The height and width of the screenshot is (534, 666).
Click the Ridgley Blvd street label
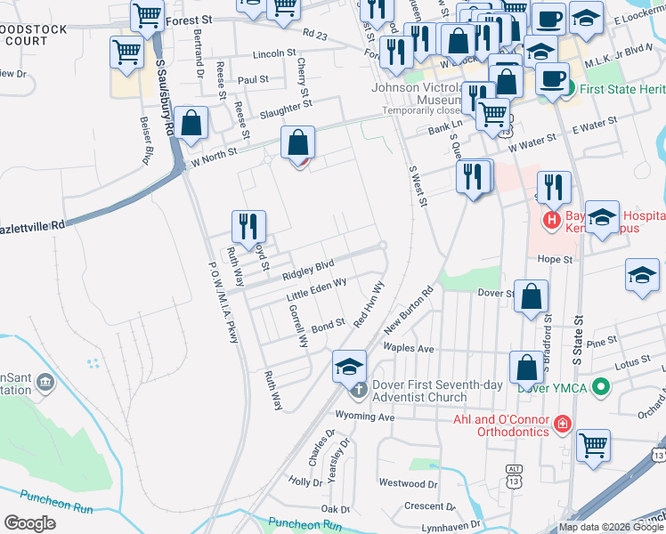click(x=308, y=266)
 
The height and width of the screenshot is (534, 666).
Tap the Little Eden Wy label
click(x=316, y=288)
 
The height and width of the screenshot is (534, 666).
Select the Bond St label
click(x=328, y=328)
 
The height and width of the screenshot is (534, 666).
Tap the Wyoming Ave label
click(x=364, y=416)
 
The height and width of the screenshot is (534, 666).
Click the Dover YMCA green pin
click(x=601, y=387)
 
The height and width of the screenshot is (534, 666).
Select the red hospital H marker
click(x=551, y=218)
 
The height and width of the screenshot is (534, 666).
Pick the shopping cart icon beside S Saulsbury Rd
click(x=127, y=53)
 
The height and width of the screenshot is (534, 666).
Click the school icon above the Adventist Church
click(x=350, y=366)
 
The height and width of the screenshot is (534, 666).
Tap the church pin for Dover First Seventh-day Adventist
click(x=358, y=389)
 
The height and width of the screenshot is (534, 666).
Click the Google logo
click(x=29, y=523)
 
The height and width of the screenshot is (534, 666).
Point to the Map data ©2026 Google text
click(x=609, y=527)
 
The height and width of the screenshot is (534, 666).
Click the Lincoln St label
click(x=274, y=54)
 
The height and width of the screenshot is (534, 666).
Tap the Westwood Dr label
click(x=402, y=483)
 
